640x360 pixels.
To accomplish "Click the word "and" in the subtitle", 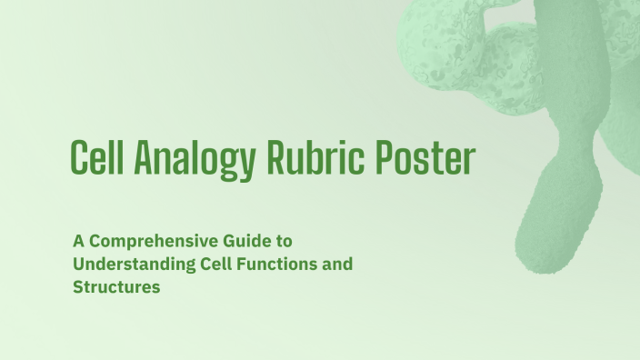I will (337, 265).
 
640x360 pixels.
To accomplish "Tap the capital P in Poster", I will (384, 160).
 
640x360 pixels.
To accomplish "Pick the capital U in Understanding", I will (79, 265).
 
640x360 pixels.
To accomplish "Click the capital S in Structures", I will (78, 287).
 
